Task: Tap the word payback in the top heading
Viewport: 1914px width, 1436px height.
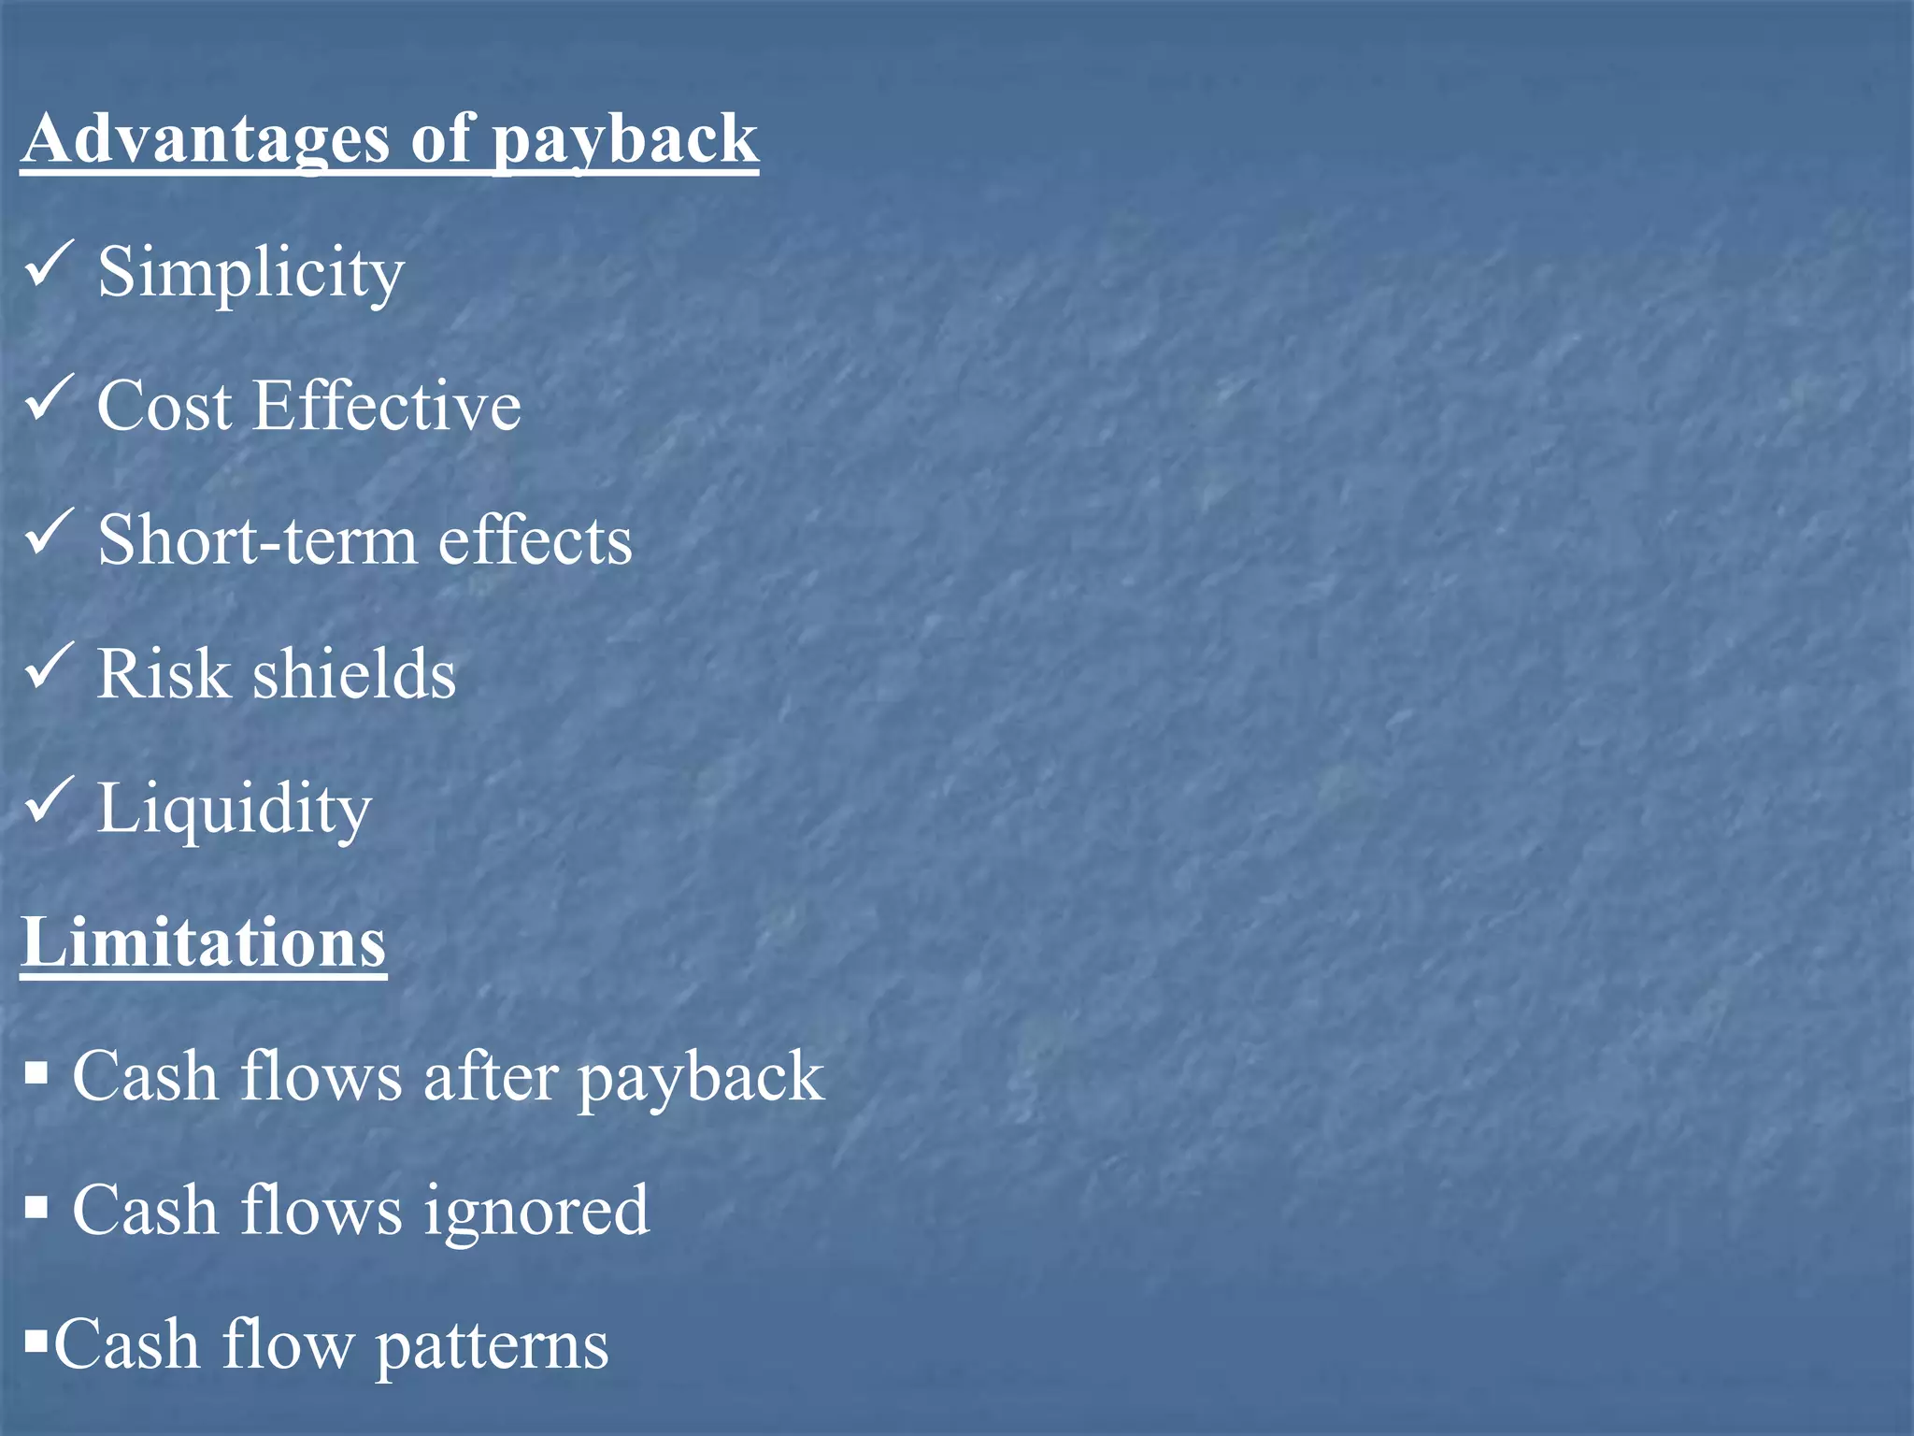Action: point(624,140)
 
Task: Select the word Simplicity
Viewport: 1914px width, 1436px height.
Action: point(250,272)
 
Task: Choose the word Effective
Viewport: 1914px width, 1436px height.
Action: point(387,406)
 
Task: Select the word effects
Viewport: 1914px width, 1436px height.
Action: point(536,540)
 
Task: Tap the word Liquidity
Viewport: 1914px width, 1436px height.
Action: point(235,809)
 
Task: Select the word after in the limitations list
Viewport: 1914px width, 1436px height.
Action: point(490,1076)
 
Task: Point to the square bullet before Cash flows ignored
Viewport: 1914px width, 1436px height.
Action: point(36,1207)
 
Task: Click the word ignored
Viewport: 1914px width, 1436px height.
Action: point(536,1212)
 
